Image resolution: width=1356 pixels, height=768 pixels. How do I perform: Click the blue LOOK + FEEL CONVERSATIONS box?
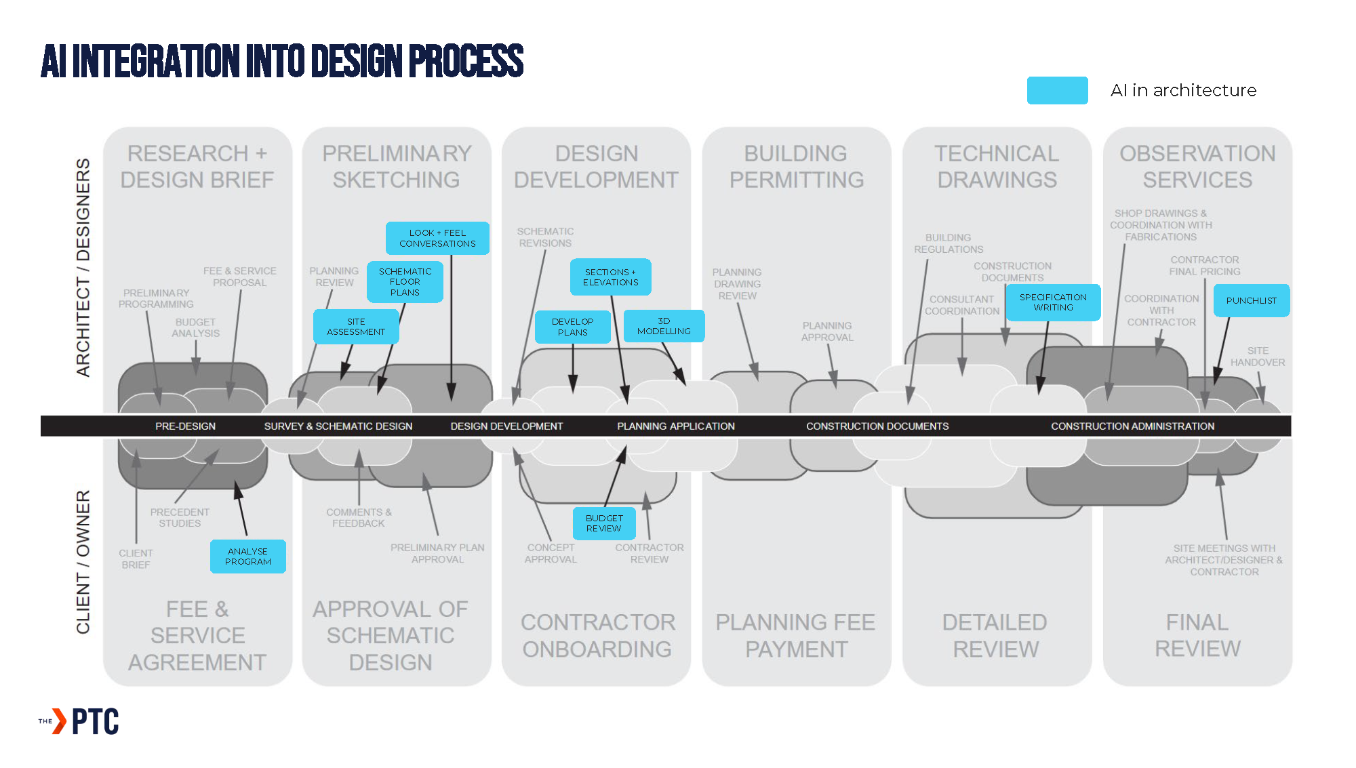pos(437,238)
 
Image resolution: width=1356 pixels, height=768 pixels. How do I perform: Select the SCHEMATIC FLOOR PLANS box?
pos(405,282)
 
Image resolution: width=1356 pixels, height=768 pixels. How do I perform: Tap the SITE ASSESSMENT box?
pos(356,327)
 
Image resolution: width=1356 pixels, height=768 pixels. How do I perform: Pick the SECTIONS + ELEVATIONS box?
pos(610,277)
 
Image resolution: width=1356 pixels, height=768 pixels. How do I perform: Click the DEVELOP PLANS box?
pos(572,327)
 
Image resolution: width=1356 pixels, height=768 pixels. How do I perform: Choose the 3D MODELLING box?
pos(664,326)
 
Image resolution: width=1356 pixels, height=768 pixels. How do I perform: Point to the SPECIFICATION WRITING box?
pos(1053,302)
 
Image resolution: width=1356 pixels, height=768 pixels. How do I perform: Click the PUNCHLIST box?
pos(1251,300)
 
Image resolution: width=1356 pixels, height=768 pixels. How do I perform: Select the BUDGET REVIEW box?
pos(604,523)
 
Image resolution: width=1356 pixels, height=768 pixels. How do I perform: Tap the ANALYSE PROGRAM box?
pos(247,557)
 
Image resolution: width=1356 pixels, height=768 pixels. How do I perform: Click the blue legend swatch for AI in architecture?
pos(1057,91)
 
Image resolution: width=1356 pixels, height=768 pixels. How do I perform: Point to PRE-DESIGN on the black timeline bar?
pos(185,426)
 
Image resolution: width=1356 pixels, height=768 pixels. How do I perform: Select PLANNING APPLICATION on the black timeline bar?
pos(675,426)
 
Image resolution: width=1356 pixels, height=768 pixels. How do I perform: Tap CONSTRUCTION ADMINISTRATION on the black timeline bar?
pos(1132,426)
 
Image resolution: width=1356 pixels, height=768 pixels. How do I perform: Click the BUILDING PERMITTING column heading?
pos(796,167)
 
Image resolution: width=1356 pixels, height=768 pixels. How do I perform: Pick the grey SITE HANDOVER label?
pos(1258,357)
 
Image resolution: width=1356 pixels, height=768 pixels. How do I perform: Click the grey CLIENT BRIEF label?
pos(136,559)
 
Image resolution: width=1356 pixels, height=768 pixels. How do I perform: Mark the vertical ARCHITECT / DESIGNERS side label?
pos(83,268)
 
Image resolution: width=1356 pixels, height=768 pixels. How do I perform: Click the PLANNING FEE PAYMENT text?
pos(795,636)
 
